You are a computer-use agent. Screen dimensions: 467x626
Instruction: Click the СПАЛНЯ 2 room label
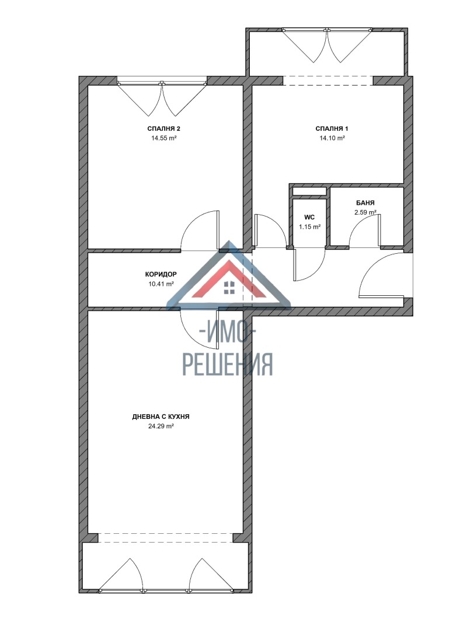(x=164, y=128)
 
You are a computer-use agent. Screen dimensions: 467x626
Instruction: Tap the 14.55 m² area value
(x=164, y=138)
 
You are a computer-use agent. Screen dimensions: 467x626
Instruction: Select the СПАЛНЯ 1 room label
(x=332, y=128)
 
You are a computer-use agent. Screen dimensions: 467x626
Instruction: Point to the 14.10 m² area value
(x=332, y=138)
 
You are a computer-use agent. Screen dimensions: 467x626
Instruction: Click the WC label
(x=309, y=217)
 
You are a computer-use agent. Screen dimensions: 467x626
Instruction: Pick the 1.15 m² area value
(x=309, y=227)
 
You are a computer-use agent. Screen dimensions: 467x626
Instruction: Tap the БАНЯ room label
(x=365, y=203)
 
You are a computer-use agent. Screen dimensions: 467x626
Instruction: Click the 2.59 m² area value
(x=365, y=212)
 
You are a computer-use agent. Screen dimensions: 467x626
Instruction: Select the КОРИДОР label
(x=161, y=274)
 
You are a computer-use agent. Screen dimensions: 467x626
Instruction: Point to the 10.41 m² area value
(x=161, y=284)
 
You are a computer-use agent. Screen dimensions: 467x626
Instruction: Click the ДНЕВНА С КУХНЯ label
(x=161, y=417)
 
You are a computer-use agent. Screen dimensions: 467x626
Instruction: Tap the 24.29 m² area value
(x=161, y=426)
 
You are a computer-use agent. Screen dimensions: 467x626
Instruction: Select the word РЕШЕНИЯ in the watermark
(x=228, y=364)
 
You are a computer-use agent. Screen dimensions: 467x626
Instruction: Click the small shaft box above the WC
(x=309, y=191)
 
